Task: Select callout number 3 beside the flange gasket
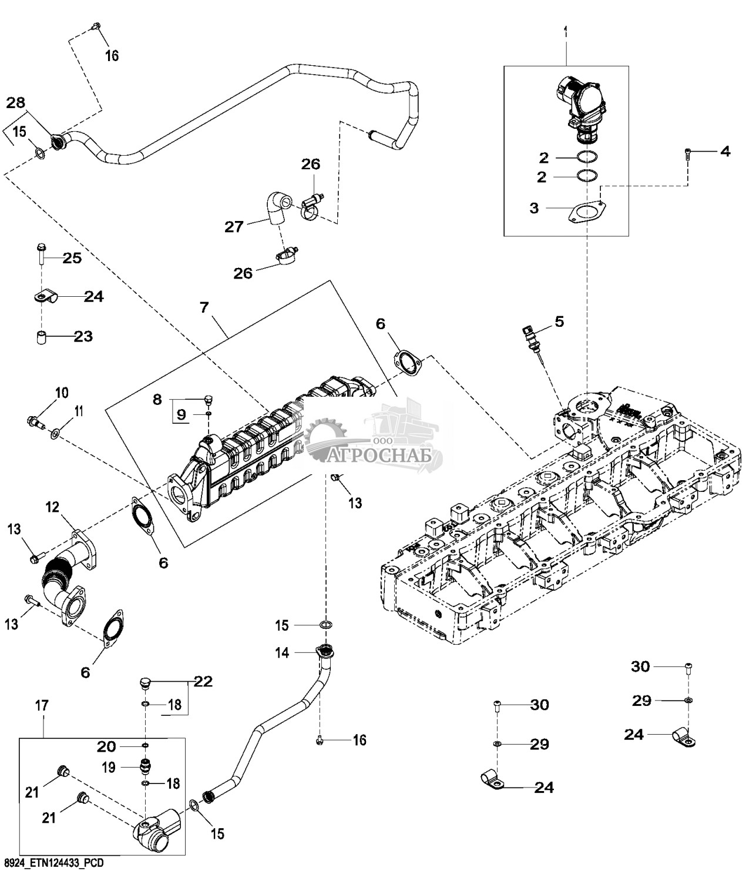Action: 534,208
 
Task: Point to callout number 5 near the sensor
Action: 559,321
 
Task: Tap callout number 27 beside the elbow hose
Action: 234,226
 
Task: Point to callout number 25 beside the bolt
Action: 72,258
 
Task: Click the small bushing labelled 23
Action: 41,339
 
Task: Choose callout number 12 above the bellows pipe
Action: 53,507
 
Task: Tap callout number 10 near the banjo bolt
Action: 62,393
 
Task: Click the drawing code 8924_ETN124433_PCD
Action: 53,862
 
